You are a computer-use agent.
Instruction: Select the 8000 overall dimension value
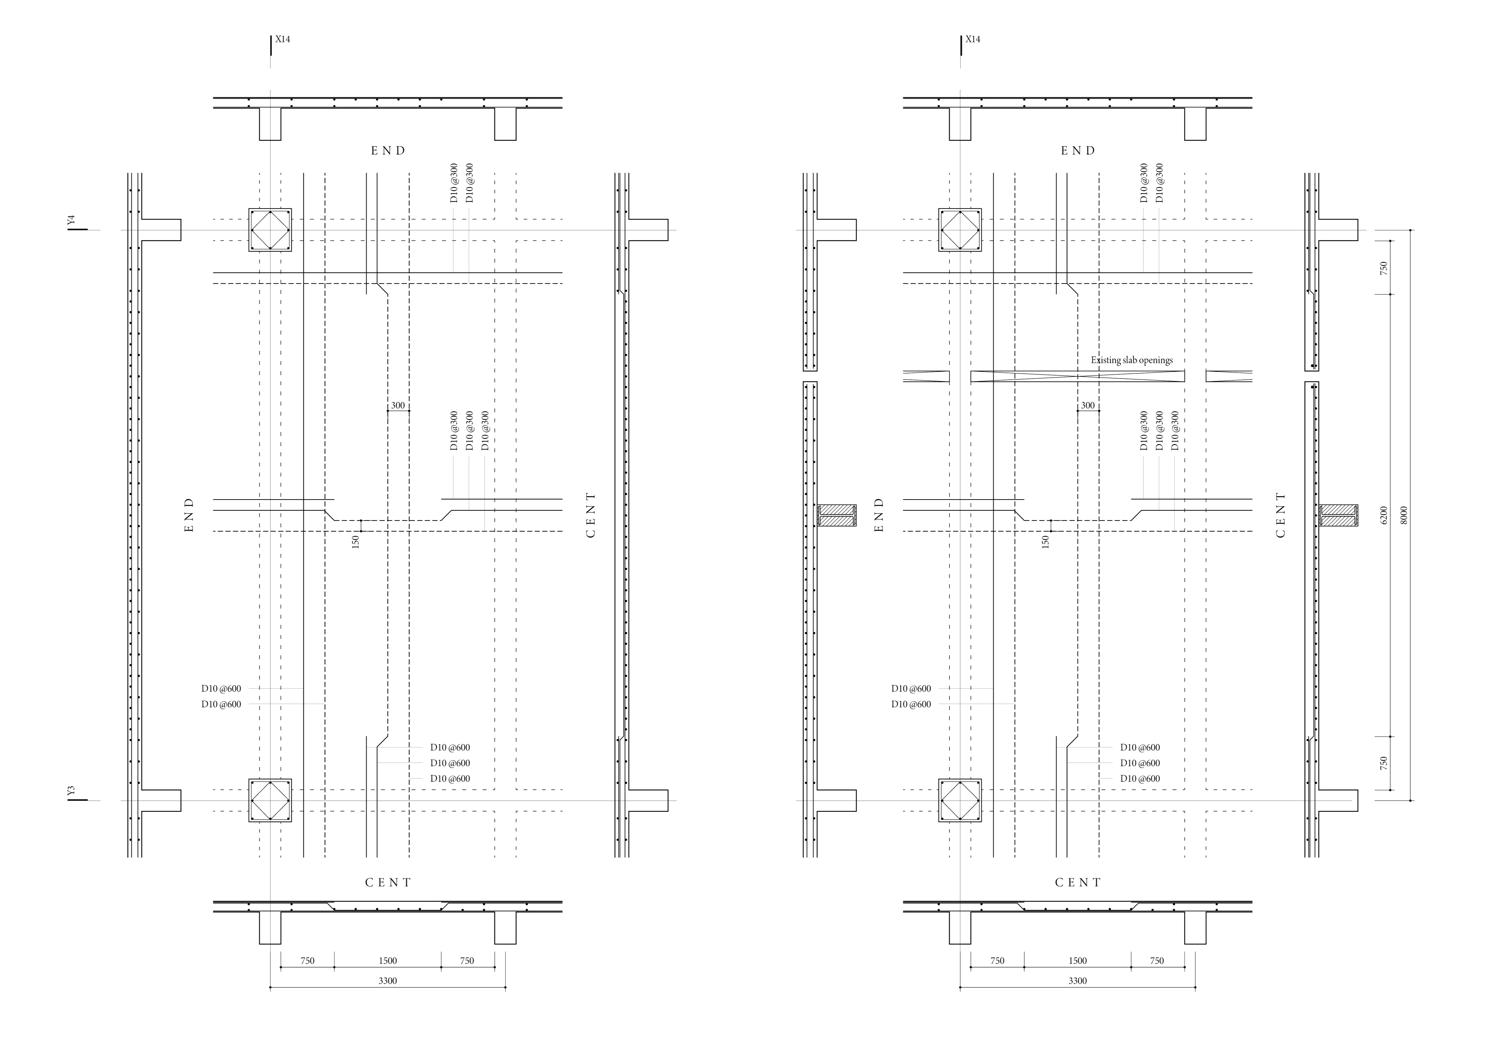coord(1404,515)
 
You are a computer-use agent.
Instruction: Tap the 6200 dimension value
coord(1384,515)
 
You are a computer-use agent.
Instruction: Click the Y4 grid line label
coord(72,220)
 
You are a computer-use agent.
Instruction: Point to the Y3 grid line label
coord(72,790)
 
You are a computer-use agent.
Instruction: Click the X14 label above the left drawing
coord(282,39)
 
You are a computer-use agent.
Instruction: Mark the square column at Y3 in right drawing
coord(960,800)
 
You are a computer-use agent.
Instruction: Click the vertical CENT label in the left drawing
coord(591,515)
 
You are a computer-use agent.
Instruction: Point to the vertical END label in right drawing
coord(879,515)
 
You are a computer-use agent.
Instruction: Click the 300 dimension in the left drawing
coord(398,406)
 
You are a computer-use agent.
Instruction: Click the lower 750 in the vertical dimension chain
coord(1384,763)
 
